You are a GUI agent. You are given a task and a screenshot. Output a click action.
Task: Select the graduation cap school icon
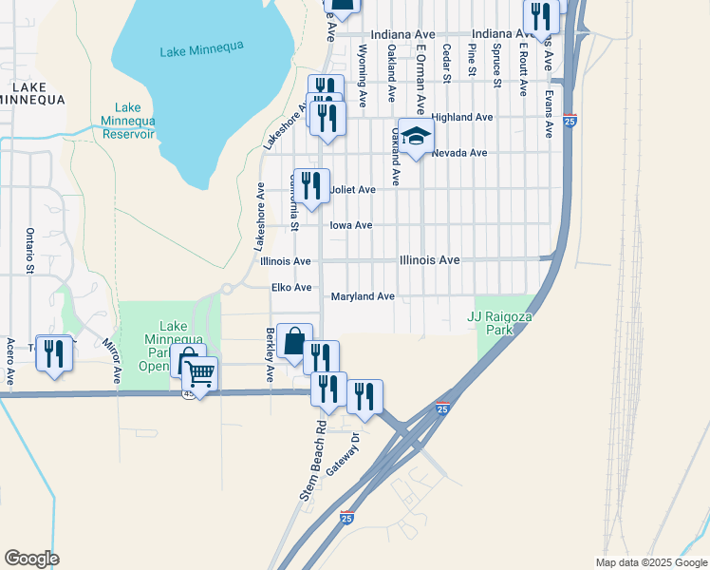(414, 137)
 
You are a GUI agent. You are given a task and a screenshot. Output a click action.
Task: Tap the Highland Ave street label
(462, 117)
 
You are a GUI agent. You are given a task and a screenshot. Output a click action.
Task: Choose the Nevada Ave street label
(459, 153)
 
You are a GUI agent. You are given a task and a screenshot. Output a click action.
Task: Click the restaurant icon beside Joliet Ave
(312, 185)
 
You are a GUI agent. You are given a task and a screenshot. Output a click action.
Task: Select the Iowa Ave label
(350, 226)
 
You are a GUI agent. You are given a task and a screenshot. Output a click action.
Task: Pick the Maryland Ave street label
(363, 297)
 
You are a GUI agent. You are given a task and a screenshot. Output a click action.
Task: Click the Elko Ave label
(291, 288)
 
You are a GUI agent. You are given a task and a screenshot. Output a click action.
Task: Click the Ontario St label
(30, 250)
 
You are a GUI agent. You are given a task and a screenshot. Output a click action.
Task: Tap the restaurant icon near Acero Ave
(54, 352)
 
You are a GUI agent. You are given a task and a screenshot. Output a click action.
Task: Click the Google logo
(31, 559)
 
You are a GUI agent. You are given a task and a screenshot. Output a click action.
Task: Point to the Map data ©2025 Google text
(650, 562)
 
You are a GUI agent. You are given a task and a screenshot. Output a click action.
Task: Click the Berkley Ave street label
(271, 354)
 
